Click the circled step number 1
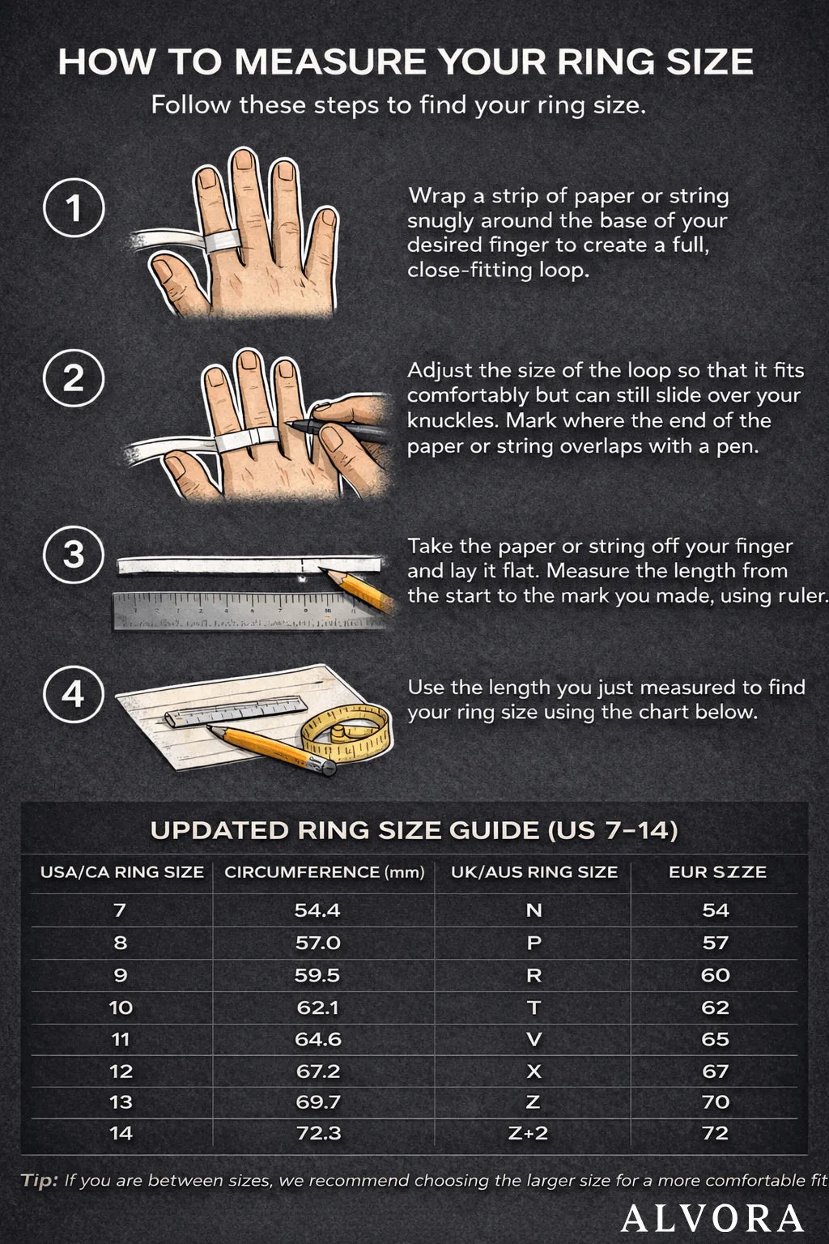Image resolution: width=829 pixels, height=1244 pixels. coord(74,208)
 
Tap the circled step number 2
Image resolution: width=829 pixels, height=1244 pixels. coord(74,378)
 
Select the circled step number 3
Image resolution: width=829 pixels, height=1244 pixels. coord(74,555)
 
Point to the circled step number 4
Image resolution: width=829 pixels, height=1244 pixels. coord(74,694)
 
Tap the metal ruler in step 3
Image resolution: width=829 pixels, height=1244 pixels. coord(235,610)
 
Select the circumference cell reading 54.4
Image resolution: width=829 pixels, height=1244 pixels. coord(317,910)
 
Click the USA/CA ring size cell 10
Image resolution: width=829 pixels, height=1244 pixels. coord(121,1008)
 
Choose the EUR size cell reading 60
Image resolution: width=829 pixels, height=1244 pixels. coord(716,975)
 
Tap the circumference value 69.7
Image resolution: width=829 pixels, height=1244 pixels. coord(318,1102)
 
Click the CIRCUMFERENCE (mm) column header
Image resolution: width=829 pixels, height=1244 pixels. coord(324,872)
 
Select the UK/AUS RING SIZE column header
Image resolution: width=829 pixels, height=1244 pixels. coord(534,872)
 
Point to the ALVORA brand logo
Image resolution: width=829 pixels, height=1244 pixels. coord(712,1218)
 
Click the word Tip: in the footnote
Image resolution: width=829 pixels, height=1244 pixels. coord(40,1180)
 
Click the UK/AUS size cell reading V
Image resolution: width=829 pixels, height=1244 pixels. coord(534,1039)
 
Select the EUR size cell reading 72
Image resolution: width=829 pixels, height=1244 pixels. coord(716,1133)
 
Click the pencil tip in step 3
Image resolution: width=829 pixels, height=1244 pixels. coord(324,572)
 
